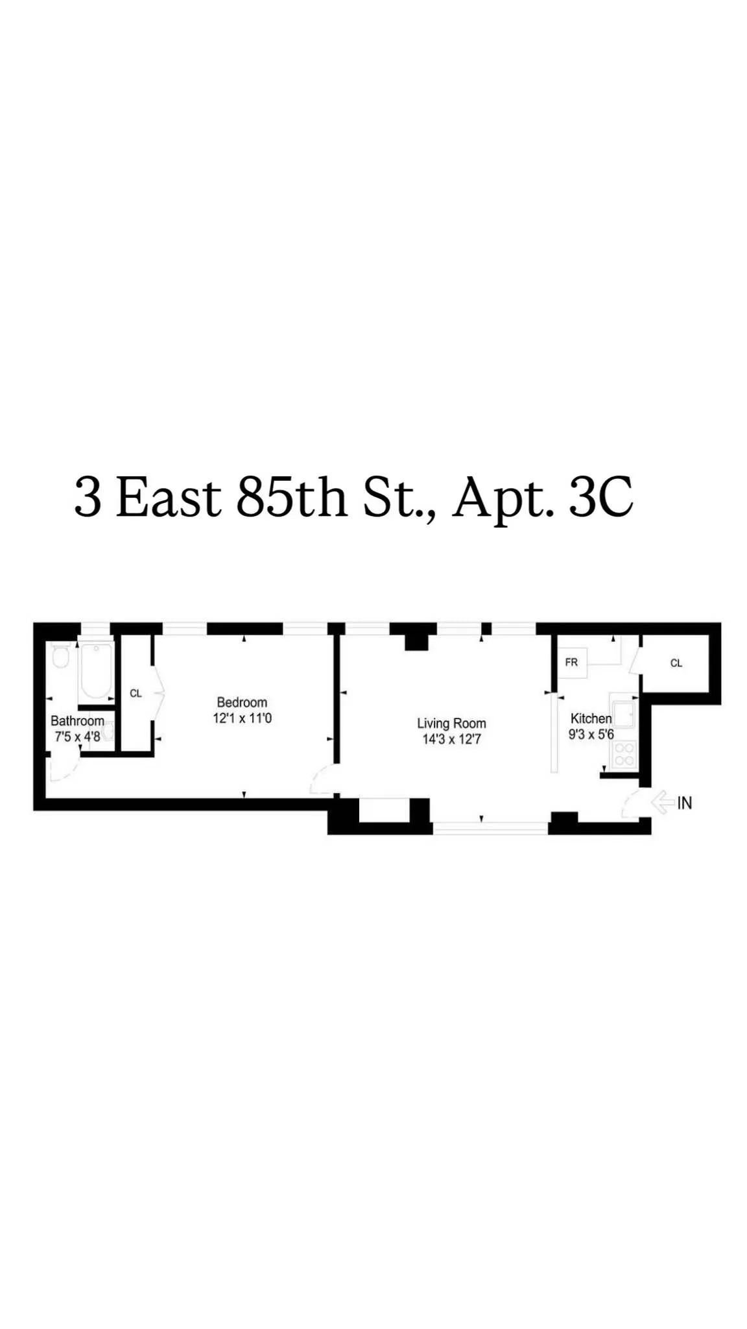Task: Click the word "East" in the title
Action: pyautogui.click(x=169, y=498)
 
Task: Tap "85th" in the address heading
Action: pyautogui.click(x=291, y=498)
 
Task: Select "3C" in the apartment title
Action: pyautogui.click(x=600, y=498)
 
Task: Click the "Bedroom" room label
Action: pyautogui.click(x=242, y=702)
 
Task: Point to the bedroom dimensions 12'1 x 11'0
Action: pyautogui.click(x=242, y=718)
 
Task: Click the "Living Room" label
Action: pyautogui.click(x=451, y=724)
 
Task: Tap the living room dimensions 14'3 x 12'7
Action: pyautogui.click(x=451, y=739)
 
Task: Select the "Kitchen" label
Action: pyautogui.click(x=591, y=718)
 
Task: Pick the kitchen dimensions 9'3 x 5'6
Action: pyautogui.click(x=591, y=735)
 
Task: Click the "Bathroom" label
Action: pyautogui.click(x=77, y=721)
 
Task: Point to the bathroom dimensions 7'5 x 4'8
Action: pyautogui.click(x=77, y=737)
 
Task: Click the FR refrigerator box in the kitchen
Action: pyautogui.click(x=572, y=663)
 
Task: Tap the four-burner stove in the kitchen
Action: pyautogui.click(x=624, y=755)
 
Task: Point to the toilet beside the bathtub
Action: pyautogui.click(x=60, y=657)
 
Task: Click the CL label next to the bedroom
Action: pyautogui.click(x=136, y=693)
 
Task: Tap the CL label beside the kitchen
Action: pyautogui.click(x=676, y=663)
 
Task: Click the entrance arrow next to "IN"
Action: pyautogui.click(x=662, y=802)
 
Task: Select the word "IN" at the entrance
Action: pyautogui.click(x=685, y=803)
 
